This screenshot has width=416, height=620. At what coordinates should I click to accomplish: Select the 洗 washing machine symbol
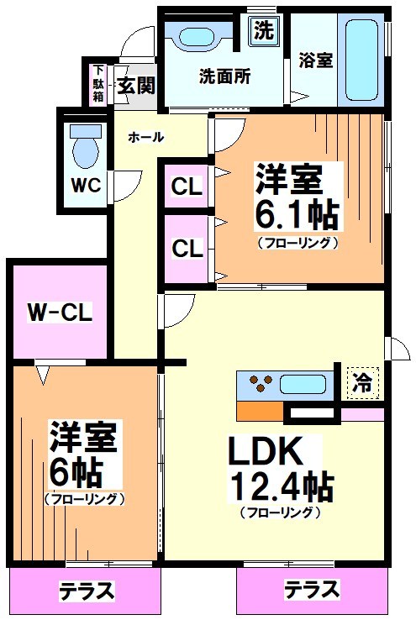(x=263, y=32)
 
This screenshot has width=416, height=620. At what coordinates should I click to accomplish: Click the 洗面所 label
(x=224, y=76)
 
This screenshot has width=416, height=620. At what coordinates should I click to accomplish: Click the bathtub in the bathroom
(x=361, y=59)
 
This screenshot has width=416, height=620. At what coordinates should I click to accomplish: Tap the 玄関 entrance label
(x=134, y=85)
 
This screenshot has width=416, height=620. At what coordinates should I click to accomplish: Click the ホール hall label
(x=145, y=137)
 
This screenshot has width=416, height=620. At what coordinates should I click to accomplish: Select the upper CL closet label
(x=187, y=187)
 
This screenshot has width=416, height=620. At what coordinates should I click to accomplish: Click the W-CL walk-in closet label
(x=58, y=313)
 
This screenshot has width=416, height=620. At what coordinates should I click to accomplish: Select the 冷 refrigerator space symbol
(x=362, y=383)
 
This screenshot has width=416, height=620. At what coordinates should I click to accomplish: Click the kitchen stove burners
(x=260, y=386)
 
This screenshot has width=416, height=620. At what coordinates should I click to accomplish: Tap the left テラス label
(x=86, y=591)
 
